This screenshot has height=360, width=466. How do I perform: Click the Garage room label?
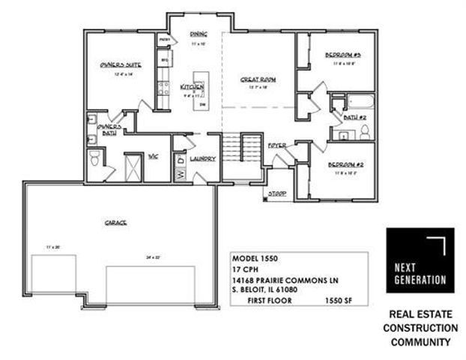pyautogui.click(x=115, y=223)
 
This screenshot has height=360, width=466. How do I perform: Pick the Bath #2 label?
pyautogui.click(x=354, y=118)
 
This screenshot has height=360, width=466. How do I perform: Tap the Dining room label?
pyautogui.click(x=198, y=34)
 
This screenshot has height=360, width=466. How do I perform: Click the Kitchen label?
pyautogui.click(x=193, y=88)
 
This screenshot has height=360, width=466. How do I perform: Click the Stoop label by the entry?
pyautogui.click(x=279, y=193)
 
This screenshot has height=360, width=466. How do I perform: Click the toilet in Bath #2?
pyautogui.click(x=365, y=132)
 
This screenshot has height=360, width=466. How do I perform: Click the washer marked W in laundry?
pyautogui.click(x=180, y=174)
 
